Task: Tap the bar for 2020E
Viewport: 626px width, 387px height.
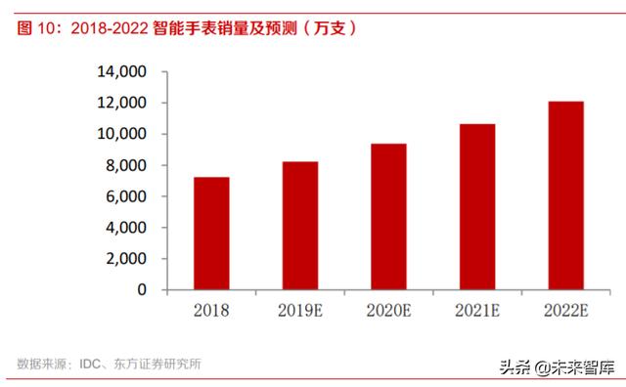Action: (389, 217)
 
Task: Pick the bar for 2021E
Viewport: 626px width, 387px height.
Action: (476, 207)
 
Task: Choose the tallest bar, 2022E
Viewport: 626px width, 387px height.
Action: (564, 195)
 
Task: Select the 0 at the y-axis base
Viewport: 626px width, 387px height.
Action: (142, 290)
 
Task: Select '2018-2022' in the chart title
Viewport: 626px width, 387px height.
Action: (107, 28)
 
